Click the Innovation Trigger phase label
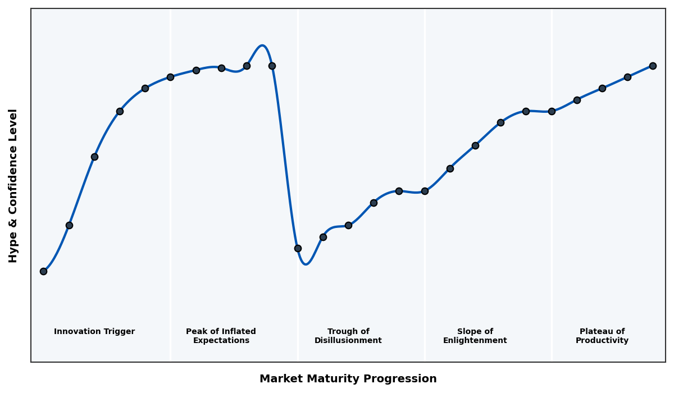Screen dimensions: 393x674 (x=94, y=332)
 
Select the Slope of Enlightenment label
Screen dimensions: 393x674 (x=475, y=336)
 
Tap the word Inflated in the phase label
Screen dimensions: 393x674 (x=237, y=332)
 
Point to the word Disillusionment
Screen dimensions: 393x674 (x=348, y=341)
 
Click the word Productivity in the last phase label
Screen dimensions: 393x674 (x=602, y=341)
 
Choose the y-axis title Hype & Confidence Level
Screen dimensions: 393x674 (x=13, y=185)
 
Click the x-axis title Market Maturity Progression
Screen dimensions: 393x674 (x=348, y=379)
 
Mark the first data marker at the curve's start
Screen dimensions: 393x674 (x=43, y=271)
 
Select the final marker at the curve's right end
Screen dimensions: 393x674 (x=653, y=66)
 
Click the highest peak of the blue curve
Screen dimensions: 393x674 (x=262, y=45)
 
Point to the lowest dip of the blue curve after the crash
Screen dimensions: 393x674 (x=306, y=264)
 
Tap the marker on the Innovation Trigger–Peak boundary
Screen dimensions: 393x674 (x=170, y=77)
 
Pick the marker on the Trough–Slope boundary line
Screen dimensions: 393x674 (x=425, y=191)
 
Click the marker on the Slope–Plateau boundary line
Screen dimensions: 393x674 (x=552, y=111)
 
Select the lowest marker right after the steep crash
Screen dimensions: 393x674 (x=298, y=248)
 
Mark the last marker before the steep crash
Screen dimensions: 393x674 (x=272, y=66)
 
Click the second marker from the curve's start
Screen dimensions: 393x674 (x=69, y=225)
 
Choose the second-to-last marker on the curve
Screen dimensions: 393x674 (x=627, y=77)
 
